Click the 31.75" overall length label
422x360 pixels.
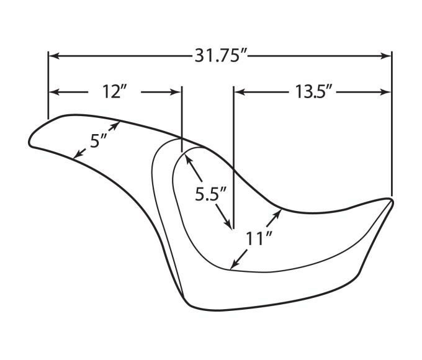coord(217,56)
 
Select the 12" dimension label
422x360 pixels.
coord(114,92)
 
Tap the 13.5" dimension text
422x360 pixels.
coord(312,92)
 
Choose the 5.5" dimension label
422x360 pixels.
coord(210,194)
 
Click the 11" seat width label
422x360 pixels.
coord(258,238)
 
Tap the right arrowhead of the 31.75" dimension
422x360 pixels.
coord(385,56)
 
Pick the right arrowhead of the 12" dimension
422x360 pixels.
coord(176,92)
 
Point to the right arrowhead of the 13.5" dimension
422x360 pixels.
coord(385,92)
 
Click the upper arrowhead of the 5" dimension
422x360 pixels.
coord(115,125)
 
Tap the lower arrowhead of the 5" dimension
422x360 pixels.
coord(78,155)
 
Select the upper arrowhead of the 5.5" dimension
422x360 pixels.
coord(189,160)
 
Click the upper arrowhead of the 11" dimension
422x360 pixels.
coord(278,214)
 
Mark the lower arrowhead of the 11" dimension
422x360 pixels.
coord(235,264)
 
